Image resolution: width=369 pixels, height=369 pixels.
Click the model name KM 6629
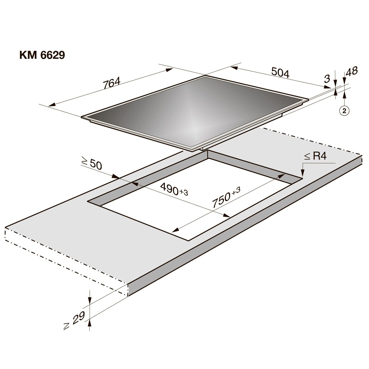[42, 55]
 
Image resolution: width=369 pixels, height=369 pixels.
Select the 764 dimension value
[112, 83]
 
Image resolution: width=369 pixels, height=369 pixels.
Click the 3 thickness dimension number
[327, 79]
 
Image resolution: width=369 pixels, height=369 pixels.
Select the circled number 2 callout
[345, 111]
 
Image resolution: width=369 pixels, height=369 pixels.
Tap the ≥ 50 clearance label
[92, 163]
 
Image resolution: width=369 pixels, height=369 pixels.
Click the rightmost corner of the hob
[308, 99]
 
